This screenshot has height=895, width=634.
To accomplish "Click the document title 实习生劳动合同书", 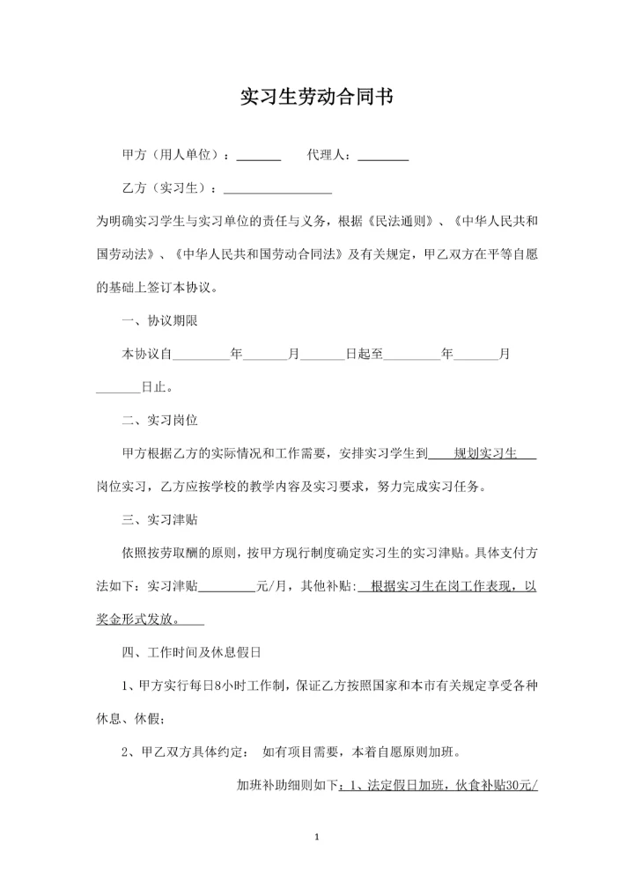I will coord(316,96).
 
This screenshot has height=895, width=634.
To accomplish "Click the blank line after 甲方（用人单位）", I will coord(259,157).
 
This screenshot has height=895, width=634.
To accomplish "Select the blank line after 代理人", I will coord(383,157).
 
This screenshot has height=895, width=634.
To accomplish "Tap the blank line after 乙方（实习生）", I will coord(278,189).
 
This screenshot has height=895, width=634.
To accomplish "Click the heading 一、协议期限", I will coord(166,320).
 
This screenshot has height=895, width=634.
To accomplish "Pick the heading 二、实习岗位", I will coord(166,420).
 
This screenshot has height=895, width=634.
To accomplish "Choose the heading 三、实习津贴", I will coord(166,519).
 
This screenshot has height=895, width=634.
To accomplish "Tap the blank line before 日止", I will coord(118,387).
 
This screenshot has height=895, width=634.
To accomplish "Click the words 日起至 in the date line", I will coord(364,354).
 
